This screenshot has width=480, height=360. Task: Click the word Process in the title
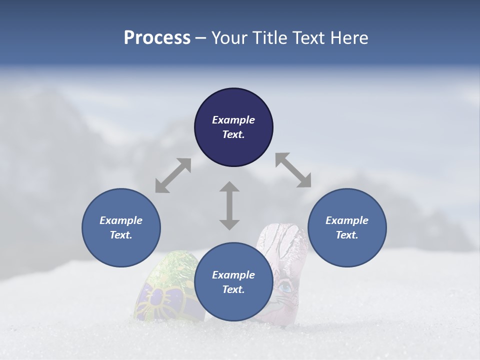(157, 38)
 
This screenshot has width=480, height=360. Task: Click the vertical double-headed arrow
(229, 205)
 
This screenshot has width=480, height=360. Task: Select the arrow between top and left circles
(173, 175)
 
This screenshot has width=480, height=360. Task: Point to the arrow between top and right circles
(293, 170)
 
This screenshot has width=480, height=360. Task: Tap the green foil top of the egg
(173, 267)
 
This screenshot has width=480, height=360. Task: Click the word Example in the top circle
(233, 120)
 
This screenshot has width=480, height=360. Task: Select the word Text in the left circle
(120, 235)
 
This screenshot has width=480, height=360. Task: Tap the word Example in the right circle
(347, 220)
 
